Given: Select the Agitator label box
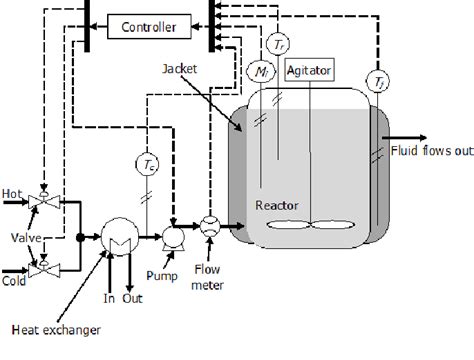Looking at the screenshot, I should click(309, 72).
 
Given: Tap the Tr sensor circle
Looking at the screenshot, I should click(277, 42).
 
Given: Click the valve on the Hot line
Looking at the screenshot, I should click(42, 201).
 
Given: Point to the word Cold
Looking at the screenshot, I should click(14, 256).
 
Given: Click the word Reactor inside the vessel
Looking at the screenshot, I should click(272, 204).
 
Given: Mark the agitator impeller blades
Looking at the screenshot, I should click(308, 224).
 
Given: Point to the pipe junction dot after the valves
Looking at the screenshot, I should click(80, 237).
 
